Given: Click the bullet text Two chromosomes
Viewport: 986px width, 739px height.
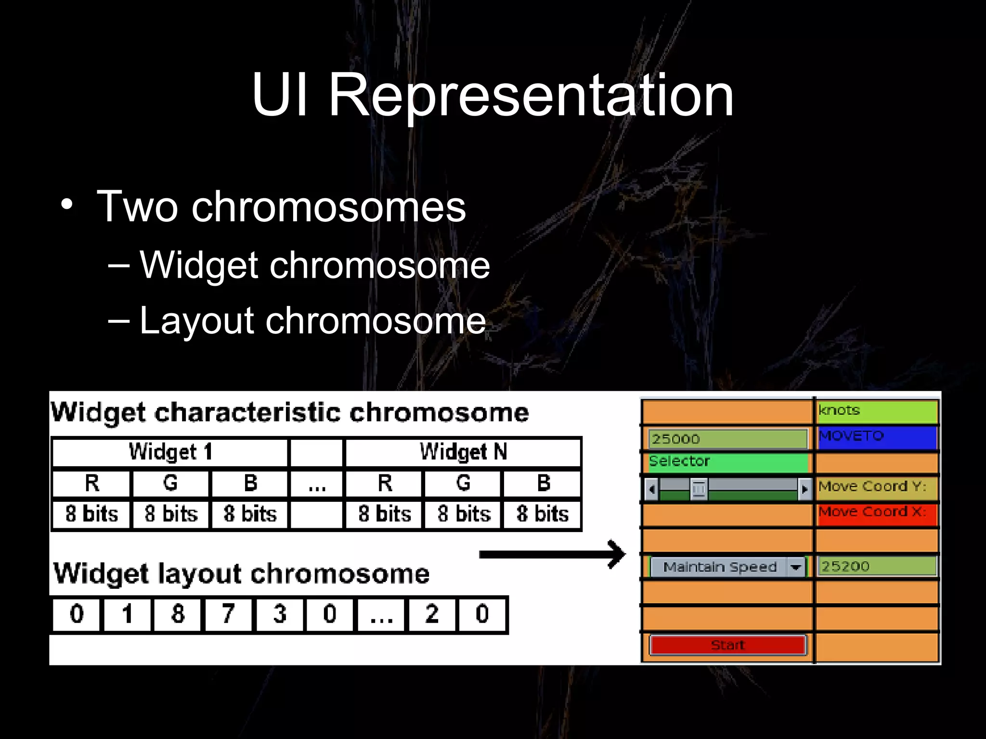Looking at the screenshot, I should [x=281, y=207].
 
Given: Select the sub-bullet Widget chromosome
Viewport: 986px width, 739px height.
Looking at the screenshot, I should [x=314, y=265].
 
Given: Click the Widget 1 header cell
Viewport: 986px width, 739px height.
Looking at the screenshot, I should [x=170, y=452].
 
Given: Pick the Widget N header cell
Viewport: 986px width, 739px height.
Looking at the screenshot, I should [x=463, y=452].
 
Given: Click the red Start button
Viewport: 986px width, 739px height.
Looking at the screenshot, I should [x=727, y=645].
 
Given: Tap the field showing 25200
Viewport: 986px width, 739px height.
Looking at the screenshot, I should [x=876, y=566].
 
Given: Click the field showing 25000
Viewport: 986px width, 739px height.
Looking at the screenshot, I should [x=727, y=439].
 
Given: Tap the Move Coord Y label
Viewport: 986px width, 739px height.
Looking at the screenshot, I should [x=876, y=487].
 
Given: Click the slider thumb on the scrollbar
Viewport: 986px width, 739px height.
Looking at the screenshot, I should [x=699, y=489].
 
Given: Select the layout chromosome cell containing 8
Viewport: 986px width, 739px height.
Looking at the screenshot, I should [x=178, y=614].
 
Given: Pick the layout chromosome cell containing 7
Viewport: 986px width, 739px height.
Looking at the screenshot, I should [x=228, y=614].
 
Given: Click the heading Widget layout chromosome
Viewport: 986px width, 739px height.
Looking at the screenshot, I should [x=241, y=573].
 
